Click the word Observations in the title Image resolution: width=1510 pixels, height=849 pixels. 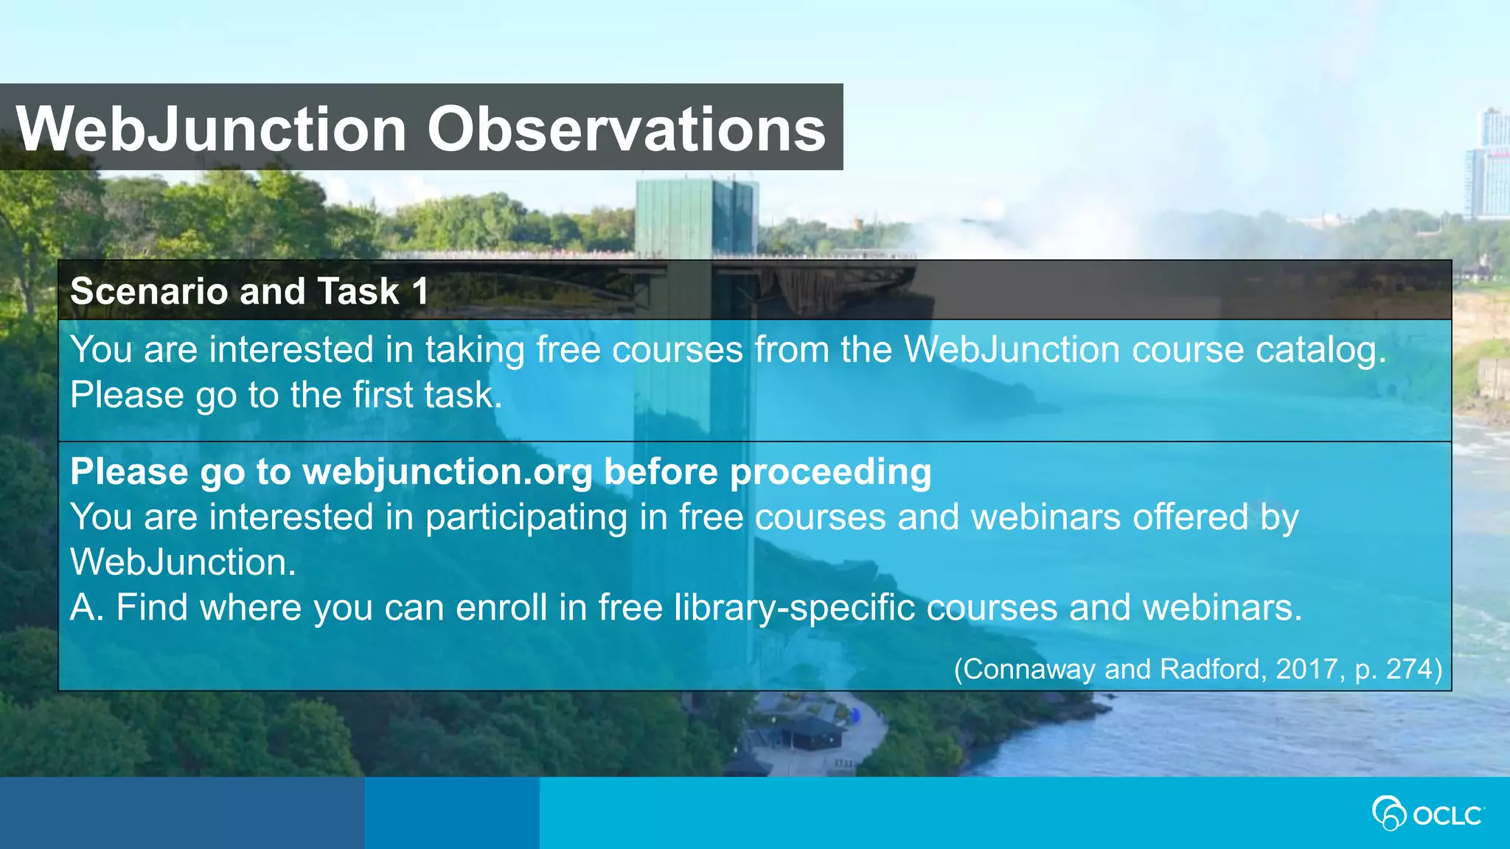(627, 129)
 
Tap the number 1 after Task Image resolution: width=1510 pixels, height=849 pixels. (420, 291)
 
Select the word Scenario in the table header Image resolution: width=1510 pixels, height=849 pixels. (149, 291)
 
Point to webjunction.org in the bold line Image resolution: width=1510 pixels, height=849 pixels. (448, 472)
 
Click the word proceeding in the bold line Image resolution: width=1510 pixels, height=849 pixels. (830, 472)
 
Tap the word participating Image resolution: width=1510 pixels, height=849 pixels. (526, 517)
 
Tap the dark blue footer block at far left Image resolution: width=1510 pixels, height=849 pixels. (181, 813)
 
